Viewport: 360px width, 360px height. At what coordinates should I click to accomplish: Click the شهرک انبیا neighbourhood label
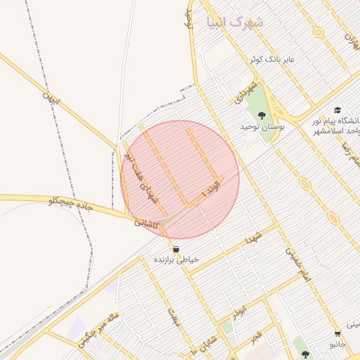pos(235,22)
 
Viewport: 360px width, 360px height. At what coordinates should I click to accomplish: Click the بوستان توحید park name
pos(262,127)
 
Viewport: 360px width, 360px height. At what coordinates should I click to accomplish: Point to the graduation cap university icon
pos(337,110)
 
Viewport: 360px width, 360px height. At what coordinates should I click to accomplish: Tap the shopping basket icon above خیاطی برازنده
pos(175,249)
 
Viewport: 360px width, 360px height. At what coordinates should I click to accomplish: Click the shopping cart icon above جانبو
pos(338,334)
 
